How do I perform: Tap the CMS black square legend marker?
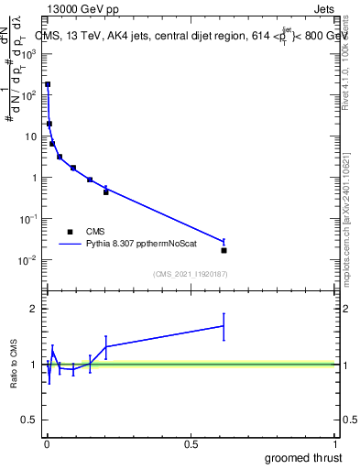pyautogui.click(x=70, y=232)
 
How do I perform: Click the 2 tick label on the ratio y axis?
pyautogui.click(x=34, y=309)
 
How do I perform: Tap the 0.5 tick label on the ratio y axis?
pyautogui.click(x=30, y=421)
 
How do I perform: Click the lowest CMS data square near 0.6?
pyautogui.click(x=224, y=250)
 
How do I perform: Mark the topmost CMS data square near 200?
pyautogui.click(x=48, y=84)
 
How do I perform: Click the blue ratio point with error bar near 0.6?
pyautogui.click(x=224, y=325)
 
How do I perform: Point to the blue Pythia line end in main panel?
pyautogui.click(x=224, y=242)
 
